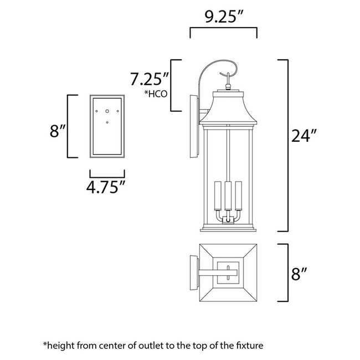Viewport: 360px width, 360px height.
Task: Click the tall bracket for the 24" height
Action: click(286, 145)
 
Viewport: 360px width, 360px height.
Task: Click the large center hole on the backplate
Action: click(107, 111)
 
